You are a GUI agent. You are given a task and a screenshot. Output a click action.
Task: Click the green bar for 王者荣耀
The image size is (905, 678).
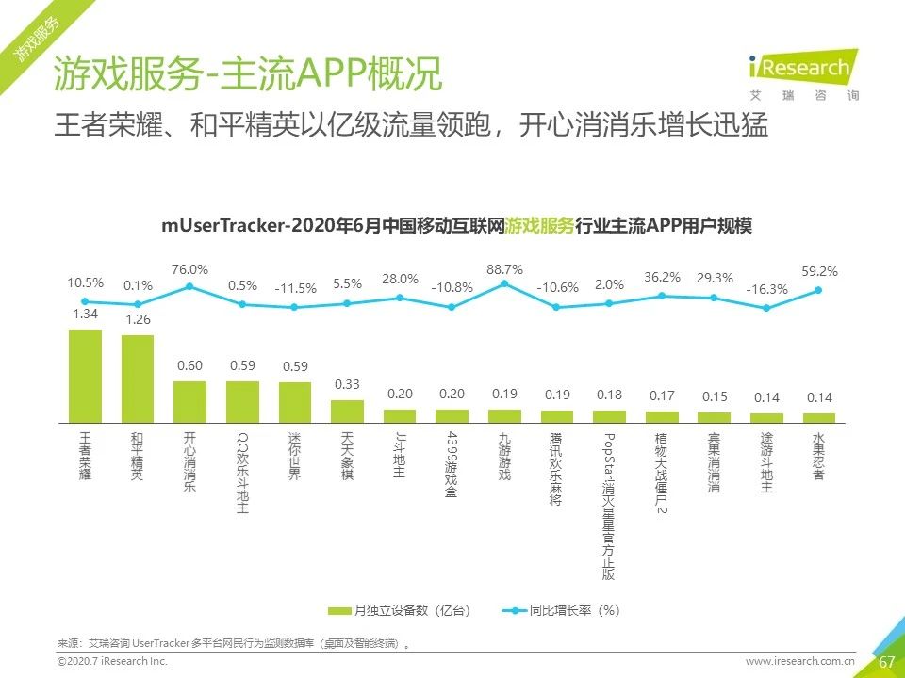[x=85, y=375]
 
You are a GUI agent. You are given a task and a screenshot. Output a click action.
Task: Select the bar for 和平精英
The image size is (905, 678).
[x=138, y=378]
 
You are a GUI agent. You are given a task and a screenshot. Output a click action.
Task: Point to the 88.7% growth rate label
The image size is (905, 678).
[x=504, y=269]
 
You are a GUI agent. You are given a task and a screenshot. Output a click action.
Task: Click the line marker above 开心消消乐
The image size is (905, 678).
[x=189, y=286]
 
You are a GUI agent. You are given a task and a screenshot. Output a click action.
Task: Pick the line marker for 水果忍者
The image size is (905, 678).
[x=818, y=290]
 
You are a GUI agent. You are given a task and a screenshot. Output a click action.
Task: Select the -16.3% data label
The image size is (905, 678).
[x=766, y=289]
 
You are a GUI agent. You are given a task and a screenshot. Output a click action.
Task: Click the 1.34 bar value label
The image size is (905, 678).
[x=85, y=314]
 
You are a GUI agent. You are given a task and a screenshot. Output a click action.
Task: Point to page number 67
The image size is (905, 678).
[x=886, y=662]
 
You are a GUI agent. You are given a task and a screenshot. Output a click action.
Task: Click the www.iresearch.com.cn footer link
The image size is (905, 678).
[x=799, y=663]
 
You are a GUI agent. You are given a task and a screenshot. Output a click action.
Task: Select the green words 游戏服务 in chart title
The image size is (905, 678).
[x=539, y=227]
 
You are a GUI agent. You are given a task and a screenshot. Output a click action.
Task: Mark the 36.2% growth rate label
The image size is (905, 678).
[x=662, y=278]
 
